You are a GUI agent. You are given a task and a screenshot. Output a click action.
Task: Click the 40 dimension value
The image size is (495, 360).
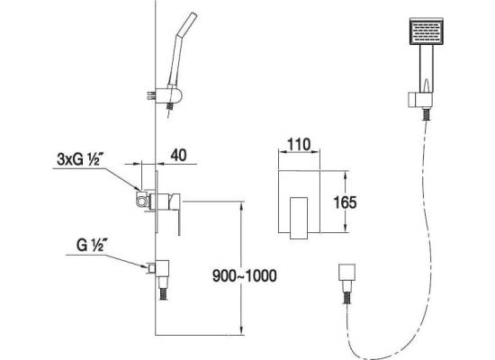click(x=178, y=155)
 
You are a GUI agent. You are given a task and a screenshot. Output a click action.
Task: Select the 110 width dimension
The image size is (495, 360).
click(x=299, y=145)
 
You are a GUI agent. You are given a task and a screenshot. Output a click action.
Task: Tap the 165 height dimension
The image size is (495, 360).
click(x=345, y=202)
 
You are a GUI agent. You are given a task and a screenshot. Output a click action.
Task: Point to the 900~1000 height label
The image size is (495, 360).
click(x=244, y=275)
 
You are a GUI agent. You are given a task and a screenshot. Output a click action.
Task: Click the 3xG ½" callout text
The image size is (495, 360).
click(x=78, y=159)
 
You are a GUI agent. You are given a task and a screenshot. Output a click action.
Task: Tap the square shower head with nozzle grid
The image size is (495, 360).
click(x=427, y=31)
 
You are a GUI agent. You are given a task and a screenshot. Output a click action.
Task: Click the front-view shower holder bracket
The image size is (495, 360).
click(x=420, y=101)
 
